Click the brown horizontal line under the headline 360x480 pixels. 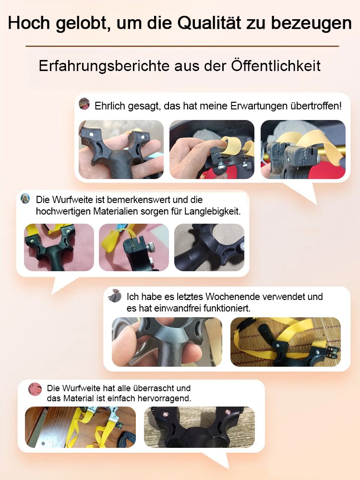(x=182, y=46)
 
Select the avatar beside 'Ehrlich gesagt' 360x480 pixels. (x=84, y=104)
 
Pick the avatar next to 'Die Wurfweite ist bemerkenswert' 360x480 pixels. (x=25, y=199)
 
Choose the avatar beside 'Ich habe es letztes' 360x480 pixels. (x=115, y=296)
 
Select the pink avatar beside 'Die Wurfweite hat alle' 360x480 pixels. (x=35, y=389)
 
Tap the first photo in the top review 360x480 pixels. (x=121, y=149)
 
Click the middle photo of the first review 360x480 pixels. (x=212, y=149)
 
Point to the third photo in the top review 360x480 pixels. (x=303, y=149)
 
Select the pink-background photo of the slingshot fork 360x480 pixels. (x=59, y=247)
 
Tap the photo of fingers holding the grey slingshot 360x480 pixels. (x=167, y=342)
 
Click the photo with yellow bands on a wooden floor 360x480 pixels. (x=80, y=427)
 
